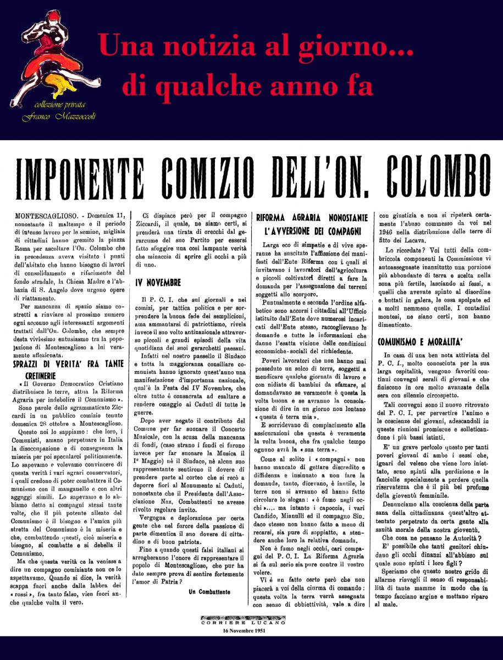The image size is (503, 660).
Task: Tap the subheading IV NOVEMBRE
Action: (x=158, y=282)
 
